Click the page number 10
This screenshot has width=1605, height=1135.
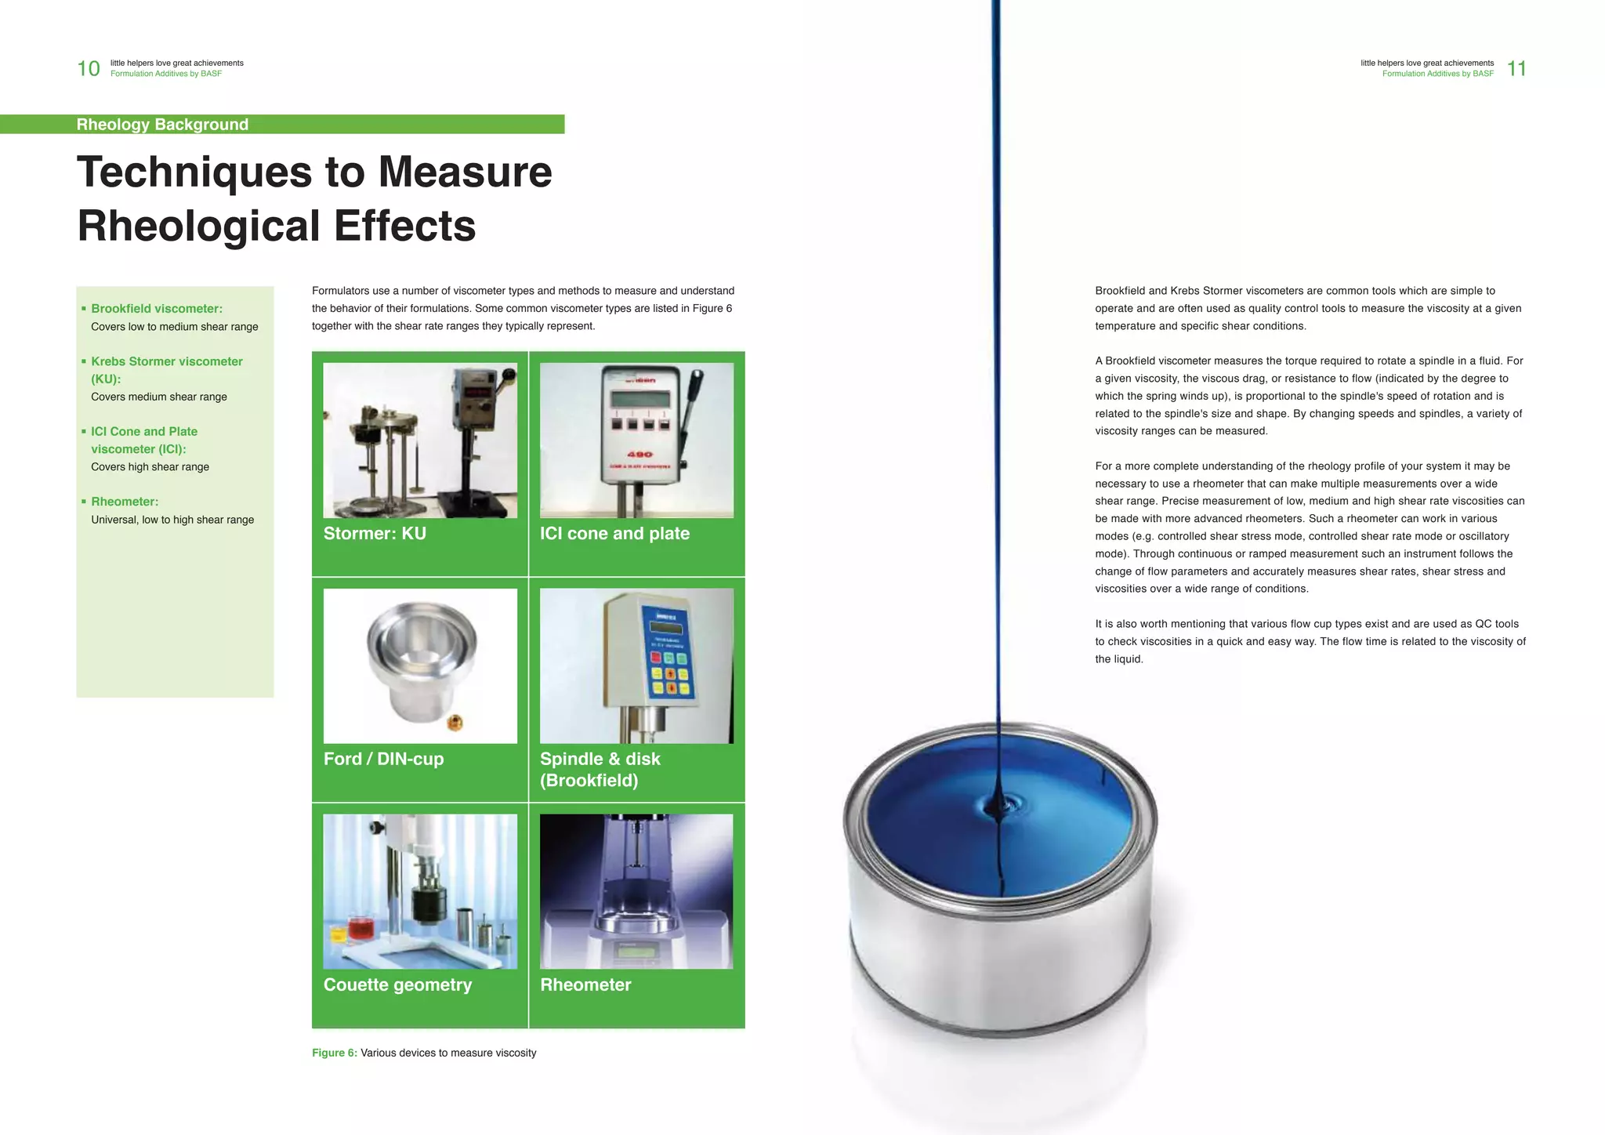click(x=89, y=69)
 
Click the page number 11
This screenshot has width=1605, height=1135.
click(x=1516, y=69)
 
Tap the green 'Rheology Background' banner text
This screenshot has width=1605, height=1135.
click(x=162, y=125)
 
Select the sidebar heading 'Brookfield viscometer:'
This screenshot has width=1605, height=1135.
click(x=157, y=309)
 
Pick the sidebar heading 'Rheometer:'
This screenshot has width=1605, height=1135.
click(x=125, y=502)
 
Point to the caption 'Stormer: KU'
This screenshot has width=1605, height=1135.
click(x=375, y=534)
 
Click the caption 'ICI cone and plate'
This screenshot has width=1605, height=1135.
click(x=614, y=534)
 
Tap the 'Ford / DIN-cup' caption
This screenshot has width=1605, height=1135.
click(x=383, y=759)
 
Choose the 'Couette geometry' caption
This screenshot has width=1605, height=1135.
click(x=397, y=985)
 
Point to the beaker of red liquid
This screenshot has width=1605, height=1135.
click(x=361, y=930)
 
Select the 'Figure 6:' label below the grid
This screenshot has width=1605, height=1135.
click(x=334, y=1053)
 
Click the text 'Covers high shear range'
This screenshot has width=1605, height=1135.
click(x=150, y=467)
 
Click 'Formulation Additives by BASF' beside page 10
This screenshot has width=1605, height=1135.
click(x=166, y=74)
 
